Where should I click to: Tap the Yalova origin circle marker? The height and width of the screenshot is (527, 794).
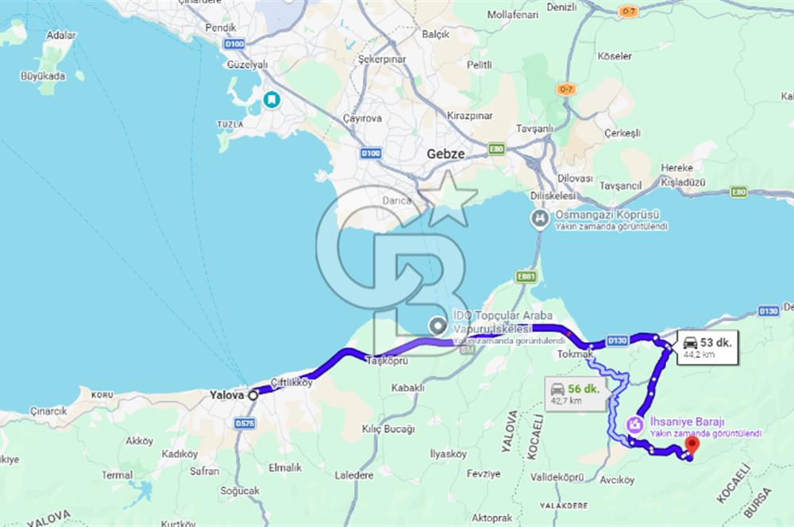tap(252, 394)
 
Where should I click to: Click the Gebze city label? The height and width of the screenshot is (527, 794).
tap(445, 154)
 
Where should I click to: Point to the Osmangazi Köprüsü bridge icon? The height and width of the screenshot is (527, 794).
tap(540, 219)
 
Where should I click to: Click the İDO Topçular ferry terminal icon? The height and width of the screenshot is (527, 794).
tap(437, 325)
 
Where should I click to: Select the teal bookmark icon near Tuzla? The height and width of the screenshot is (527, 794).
tap(272, 99)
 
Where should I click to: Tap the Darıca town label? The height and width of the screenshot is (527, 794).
tap(398, 200)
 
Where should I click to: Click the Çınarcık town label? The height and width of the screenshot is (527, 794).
tap(48, 411)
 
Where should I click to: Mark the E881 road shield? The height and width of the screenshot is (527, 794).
tap(526, 277)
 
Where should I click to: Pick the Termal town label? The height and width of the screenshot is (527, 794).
tap(118, 475)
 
